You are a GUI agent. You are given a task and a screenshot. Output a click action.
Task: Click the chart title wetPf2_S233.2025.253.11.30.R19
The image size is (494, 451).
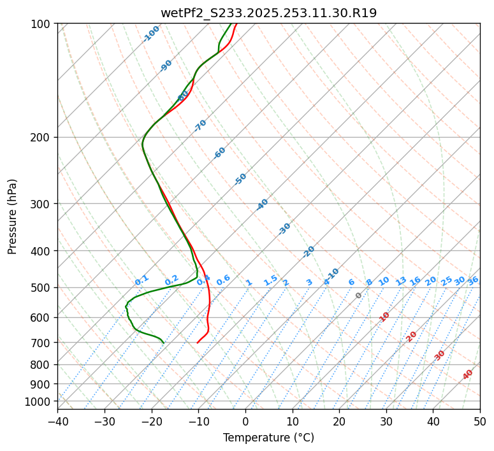[268, 12]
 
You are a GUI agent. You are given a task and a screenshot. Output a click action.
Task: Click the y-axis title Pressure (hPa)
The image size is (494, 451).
[13, 216]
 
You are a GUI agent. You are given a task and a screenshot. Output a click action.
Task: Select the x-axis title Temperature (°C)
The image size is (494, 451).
[268, 438]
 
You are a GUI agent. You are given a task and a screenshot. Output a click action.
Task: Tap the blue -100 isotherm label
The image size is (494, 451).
[151, 34]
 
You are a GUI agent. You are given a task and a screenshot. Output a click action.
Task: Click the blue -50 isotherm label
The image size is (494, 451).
[240, 179]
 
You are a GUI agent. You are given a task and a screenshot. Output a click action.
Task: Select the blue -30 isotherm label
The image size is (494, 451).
[285, 229]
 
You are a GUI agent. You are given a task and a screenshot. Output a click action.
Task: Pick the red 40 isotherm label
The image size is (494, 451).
[468, 375]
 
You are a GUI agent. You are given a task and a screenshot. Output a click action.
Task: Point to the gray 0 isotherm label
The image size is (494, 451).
[359, 296]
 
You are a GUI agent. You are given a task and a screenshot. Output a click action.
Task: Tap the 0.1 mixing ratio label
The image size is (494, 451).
[142, 280]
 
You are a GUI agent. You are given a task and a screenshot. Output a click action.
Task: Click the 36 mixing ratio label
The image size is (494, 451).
[473, 280]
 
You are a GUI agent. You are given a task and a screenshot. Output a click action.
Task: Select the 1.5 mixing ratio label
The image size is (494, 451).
[270, 280]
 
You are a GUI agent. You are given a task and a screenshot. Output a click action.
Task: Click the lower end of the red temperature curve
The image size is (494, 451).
[198, 343]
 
